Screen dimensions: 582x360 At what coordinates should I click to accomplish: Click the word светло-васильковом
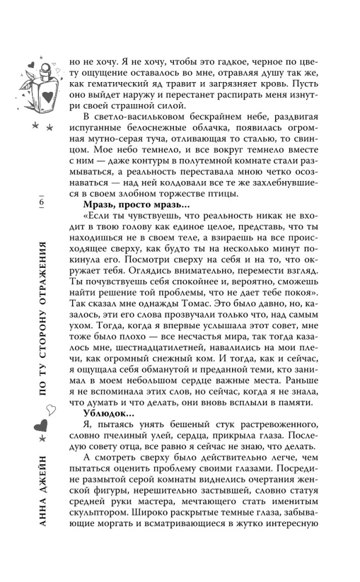coord(139,115)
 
